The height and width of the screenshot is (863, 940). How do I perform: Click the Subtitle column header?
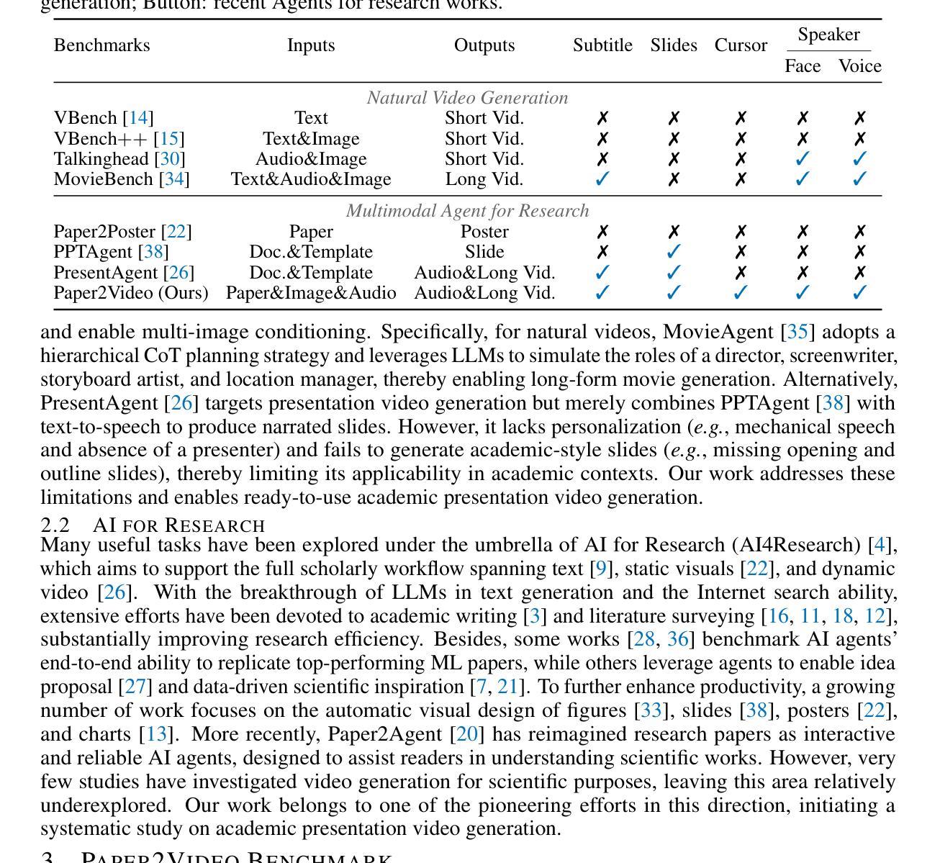pyautogui.click(x=602, y=45)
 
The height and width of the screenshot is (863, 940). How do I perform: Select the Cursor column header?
pyautogui.click(x=741, y=45)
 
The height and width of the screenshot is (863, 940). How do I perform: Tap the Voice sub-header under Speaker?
pyautogui.click(x=859, y=66)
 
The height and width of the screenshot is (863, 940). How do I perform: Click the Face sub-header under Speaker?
pyautogui.click(x=803, y=66)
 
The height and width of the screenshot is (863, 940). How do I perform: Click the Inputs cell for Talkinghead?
pyautogui.click(x=311, y=158)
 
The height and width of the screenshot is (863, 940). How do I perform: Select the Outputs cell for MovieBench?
pyautogui.click(x=484, y=179)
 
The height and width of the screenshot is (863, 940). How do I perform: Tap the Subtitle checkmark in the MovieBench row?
pyautogui.click(x=602, y=179)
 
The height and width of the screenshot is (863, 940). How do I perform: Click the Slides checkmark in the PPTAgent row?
pyautogui.click(x=674, y=252)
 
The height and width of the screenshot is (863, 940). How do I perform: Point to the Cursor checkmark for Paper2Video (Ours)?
pyautogui.click(x=741, y=293)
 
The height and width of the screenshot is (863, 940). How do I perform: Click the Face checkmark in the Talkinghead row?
pyautogui.click(x=803, y=158)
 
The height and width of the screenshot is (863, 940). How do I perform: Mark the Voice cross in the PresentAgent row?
pyautogui.click(x=859, y=273)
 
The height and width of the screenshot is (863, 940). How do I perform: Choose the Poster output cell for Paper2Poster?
pyautogui.click(x=484, y=232)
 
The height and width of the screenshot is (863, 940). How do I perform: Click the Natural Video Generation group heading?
pyautogui.click(x=467, y=98)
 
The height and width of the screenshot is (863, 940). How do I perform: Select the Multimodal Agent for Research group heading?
pyautogui.click(x=467, y=211)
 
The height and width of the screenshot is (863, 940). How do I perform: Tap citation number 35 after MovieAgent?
pyautogui.click(x=797, y=332)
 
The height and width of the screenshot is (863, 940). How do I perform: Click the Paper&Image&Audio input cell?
pyautogui.click(x=311, y=293)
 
